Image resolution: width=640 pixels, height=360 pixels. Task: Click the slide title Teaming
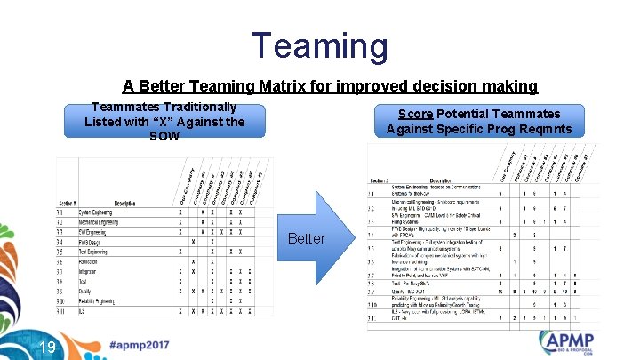319,45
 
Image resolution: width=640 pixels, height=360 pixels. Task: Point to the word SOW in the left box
164,136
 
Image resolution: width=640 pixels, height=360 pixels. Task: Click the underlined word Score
415,114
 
